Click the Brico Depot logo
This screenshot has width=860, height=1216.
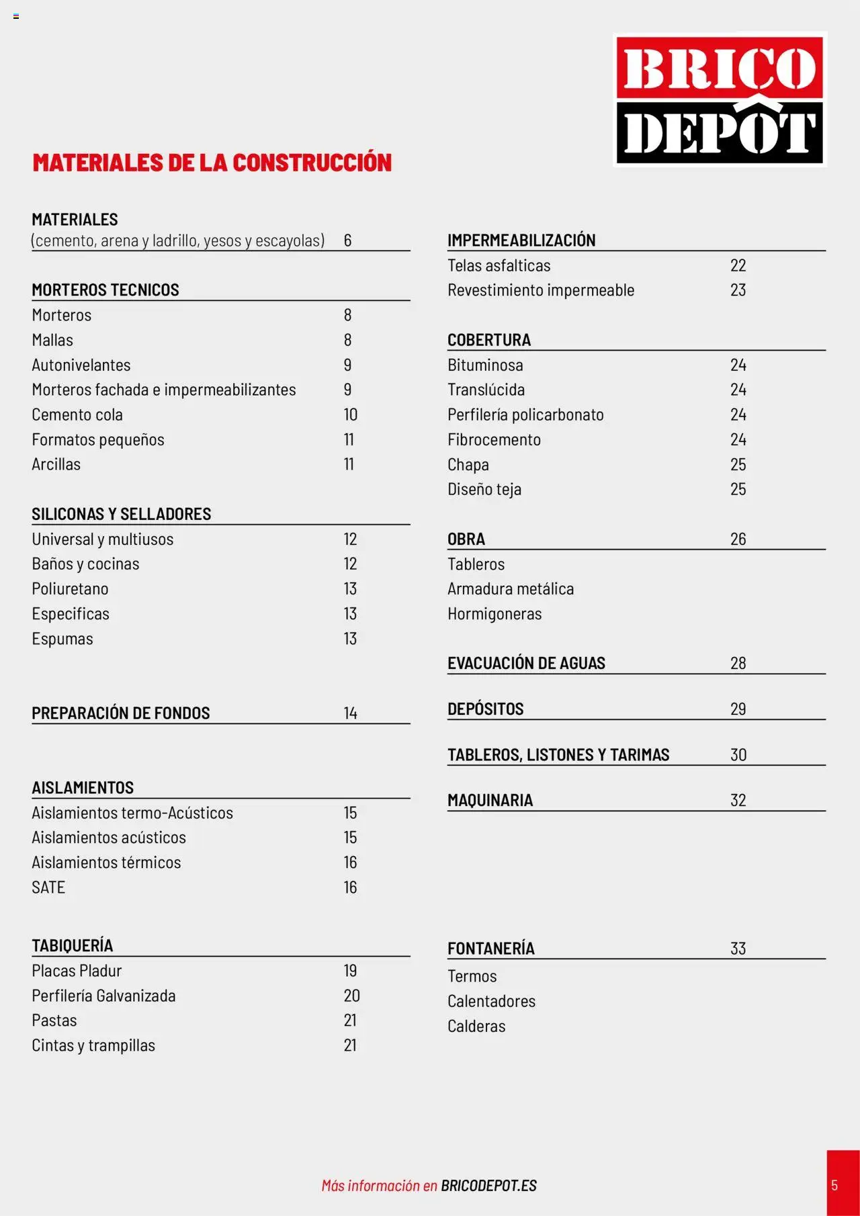(720, 99)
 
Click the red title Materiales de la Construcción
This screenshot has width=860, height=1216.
(212, 163)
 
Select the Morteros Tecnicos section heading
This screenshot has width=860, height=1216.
(105, 290)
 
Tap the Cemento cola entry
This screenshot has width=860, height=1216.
(77, 415)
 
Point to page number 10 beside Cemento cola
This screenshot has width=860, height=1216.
(350, 415)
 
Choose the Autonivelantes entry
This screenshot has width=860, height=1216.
(81, 365)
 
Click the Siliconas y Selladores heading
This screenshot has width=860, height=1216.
(121, 514)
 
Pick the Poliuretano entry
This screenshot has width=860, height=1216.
(70, 589)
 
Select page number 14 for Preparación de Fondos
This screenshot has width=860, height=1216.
(350, 713)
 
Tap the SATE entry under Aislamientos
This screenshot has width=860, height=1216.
(48, 887)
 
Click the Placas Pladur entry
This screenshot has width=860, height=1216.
(77, 970)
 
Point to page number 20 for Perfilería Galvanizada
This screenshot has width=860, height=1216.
(351, 995)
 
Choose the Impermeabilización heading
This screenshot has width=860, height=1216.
(521, 240)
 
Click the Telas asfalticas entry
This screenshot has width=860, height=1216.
(499, 265)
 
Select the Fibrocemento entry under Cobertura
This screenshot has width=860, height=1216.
(494, 439)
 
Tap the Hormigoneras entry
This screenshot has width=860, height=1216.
(494, 613)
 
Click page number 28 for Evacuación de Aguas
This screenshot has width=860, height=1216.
(738, 663)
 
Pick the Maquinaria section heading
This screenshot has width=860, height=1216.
(490, 800)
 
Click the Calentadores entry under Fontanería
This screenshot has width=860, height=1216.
(491, 1001)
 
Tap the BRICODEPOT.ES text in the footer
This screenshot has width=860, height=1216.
(488, 1186)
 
